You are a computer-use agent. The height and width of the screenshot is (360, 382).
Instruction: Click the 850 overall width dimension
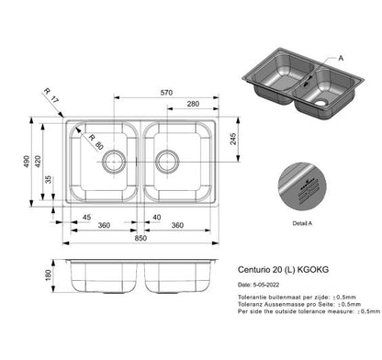[140, 240]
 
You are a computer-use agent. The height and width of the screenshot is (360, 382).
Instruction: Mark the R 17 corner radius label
[51, 92]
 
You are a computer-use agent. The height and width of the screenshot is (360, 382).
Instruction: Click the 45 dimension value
[85, 217]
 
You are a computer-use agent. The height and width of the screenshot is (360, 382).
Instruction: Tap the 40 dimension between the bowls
[158, 217]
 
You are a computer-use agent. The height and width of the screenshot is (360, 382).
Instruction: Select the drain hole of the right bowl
[167, 162]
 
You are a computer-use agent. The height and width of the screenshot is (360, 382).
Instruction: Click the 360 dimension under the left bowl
[105, 226]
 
